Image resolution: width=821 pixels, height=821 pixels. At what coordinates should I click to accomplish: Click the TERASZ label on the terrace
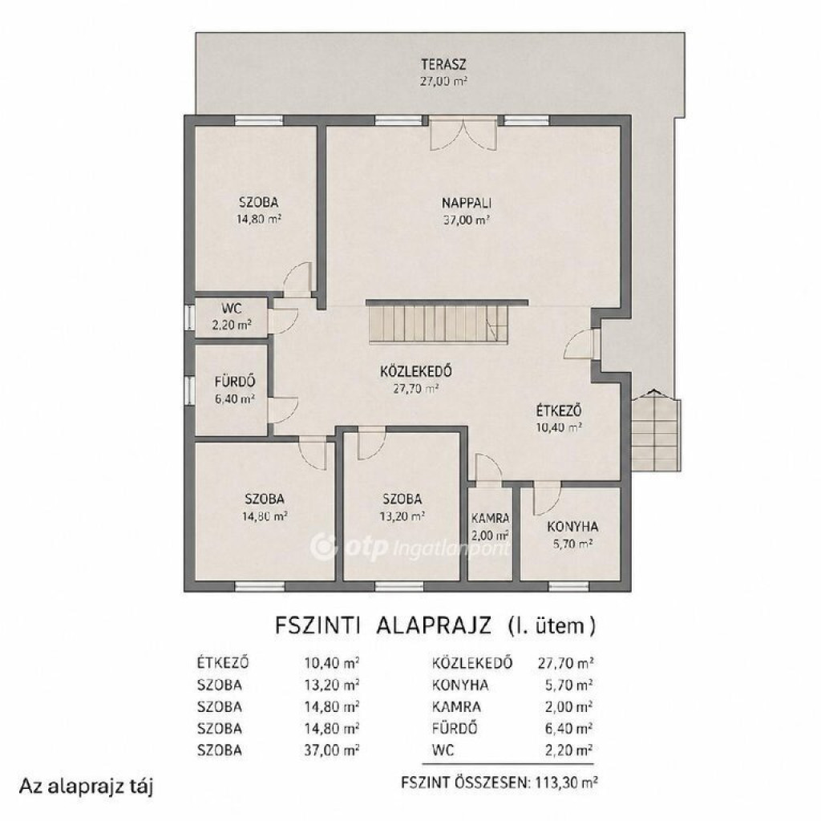[443, 65]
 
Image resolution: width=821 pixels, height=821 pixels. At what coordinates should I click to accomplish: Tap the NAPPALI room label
[467, 203]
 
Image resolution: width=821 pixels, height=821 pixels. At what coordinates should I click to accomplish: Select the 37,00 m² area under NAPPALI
[467, 220]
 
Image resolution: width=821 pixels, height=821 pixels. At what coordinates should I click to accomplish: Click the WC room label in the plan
[232, 309]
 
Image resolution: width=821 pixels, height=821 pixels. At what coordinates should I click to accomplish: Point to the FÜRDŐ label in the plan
[235, 382]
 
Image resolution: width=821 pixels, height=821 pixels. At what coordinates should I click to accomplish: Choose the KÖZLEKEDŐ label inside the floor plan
[416, 371]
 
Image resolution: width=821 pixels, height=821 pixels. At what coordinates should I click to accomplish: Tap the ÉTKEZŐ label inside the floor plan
[559, 410]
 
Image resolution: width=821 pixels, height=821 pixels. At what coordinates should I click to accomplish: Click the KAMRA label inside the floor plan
[490, 519]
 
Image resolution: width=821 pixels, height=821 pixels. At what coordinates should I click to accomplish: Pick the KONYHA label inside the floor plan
[572, 527]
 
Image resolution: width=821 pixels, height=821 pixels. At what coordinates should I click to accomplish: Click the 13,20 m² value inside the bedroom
[402, 516]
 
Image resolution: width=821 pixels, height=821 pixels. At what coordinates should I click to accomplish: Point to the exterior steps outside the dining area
[656, 431]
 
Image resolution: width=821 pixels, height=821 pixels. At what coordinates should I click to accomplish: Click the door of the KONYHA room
[547, 500]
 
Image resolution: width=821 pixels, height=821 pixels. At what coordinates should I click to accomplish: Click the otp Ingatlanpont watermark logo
[410, 547]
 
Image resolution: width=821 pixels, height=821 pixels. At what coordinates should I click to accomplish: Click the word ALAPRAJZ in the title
[434, 625]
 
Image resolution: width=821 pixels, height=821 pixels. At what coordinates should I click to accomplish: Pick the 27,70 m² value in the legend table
[565, 663]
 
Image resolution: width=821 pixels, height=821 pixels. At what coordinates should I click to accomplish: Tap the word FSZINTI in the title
[317, 625]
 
